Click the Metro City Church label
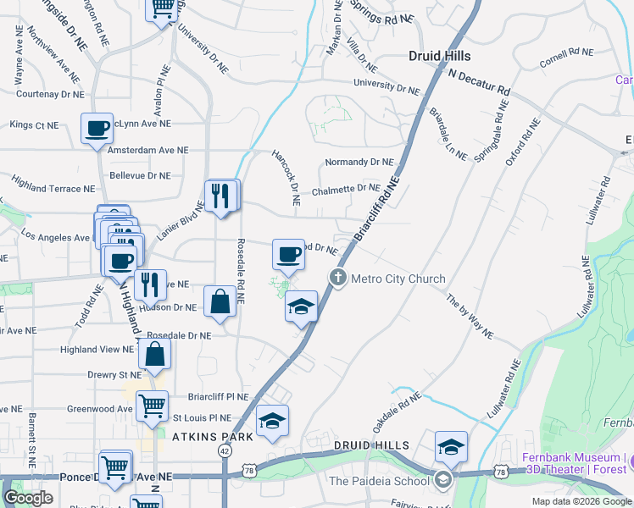(398, 279)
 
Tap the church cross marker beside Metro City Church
(338, 278)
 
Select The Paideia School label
(379, 481)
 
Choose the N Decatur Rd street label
(479, 82)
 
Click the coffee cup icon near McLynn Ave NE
(97, 129)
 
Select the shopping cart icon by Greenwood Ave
(153, 406)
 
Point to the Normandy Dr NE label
(359, 162)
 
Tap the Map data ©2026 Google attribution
(581, 501)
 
